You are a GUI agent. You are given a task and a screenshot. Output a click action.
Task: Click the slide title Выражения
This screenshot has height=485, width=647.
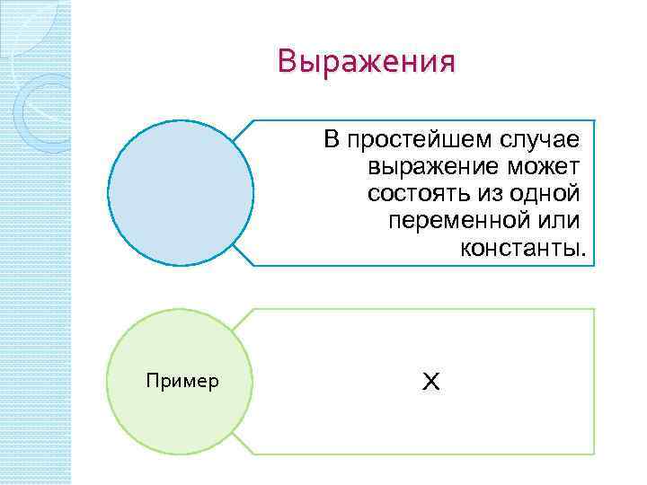click(x=367, y=62)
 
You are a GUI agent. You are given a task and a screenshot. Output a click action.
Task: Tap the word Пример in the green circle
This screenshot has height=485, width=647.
click(x=182, y=382)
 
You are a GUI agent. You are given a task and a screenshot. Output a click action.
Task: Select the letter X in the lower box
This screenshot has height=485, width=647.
click(x=430, y=383)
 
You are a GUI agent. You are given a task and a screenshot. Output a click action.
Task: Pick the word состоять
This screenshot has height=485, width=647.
click(x=413, y=194)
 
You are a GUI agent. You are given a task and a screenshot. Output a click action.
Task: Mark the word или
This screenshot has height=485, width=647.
click(x=558, y=221)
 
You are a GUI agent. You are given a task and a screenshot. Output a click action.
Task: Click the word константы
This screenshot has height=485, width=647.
click(x=519, y=248)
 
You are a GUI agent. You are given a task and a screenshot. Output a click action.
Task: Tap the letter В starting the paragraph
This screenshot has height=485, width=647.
click(x=332, y=140)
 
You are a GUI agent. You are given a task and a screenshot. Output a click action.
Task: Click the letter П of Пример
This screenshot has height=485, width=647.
click(x=150, y=382)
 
